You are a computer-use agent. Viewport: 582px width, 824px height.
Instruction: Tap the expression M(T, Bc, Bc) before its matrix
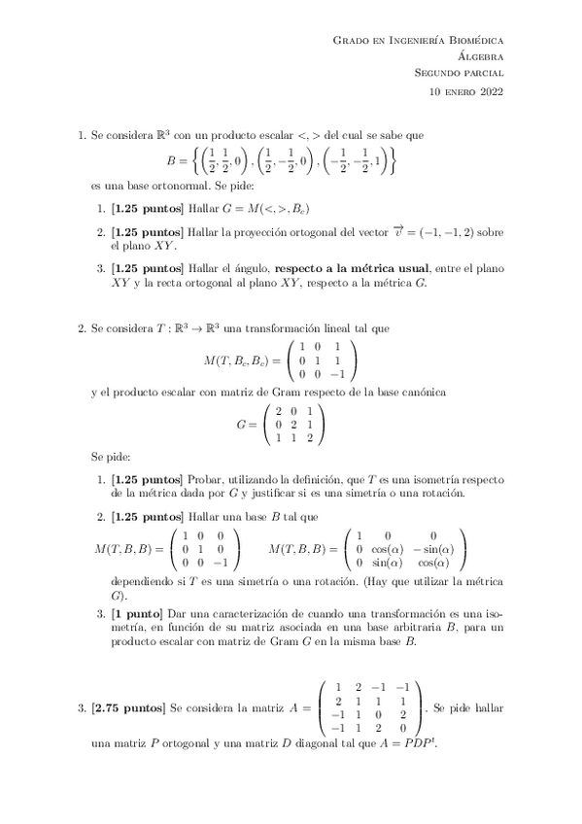click(241, 360)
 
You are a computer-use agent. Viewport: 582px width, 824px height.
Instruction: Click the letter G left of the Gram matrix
click(242, 425)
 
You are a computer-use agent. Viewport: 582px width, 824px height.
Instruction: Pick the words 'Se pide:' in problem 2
click(110, 455)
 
